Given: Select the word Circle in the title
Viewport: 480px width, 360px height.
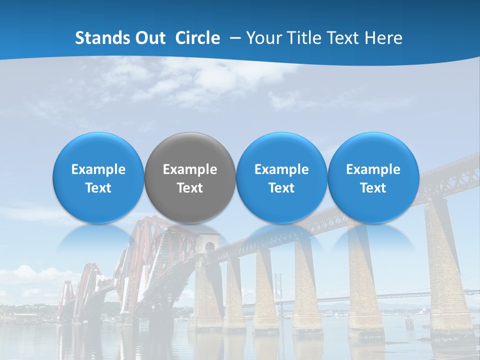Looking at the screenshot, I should [x=197, y=38].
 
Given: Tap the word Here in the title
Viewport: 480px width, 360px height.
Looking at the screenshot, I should [x=383, y=38].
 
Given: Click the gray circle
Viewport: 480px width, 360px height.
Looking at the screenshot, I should [x=190, y=177].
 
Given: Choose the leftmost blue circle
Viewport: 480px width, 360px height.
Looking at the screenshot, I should [x=98, y=177].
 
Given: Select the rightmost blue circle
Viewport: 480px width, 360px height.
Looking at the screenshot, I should [x=373, y=177].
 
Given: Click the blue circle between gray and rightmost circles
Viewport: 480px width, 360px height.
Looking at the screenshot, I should [x=281, y=177].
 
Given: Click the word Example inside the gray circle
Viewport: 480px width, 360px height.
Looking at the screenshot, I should [x=190, y=169].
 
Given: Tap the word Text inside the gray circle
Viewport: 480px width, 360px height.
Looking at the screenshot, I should [x=190, y=188].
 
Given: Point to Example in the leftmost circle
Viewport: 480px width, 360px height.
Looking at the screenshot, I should [x=98, y=169].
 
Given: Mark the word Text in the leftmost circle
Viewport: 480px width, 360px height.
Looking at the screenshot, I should [x=98, y=188].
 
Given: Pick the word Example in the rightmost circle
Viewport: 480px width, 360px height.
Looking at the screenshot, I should [x=373, y=169].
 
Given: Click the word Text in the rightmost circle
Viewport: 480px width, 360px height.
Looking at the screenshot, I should [x=373, y=188].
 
